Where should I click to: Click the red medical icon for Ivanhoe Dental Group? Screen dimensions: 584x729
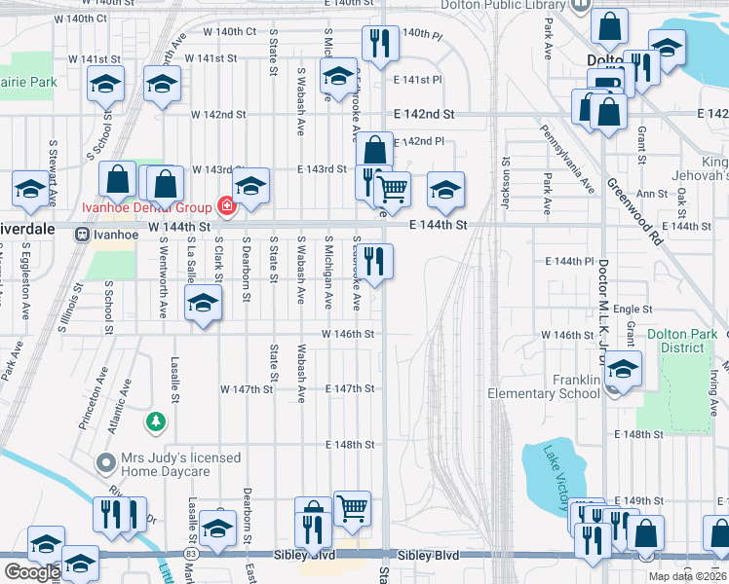click(x=227, y=206)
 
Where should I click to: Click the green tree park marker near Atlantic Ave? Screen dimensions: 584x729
click(x=154, y=421)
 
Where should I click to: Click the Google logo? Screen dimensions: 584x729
click(x=32, y=572)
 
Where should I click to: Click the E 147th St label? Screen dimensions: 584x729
click(x=350, y=388)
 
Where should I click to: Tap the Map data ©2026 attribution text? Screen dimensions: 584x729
click(x=686, y=576)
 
